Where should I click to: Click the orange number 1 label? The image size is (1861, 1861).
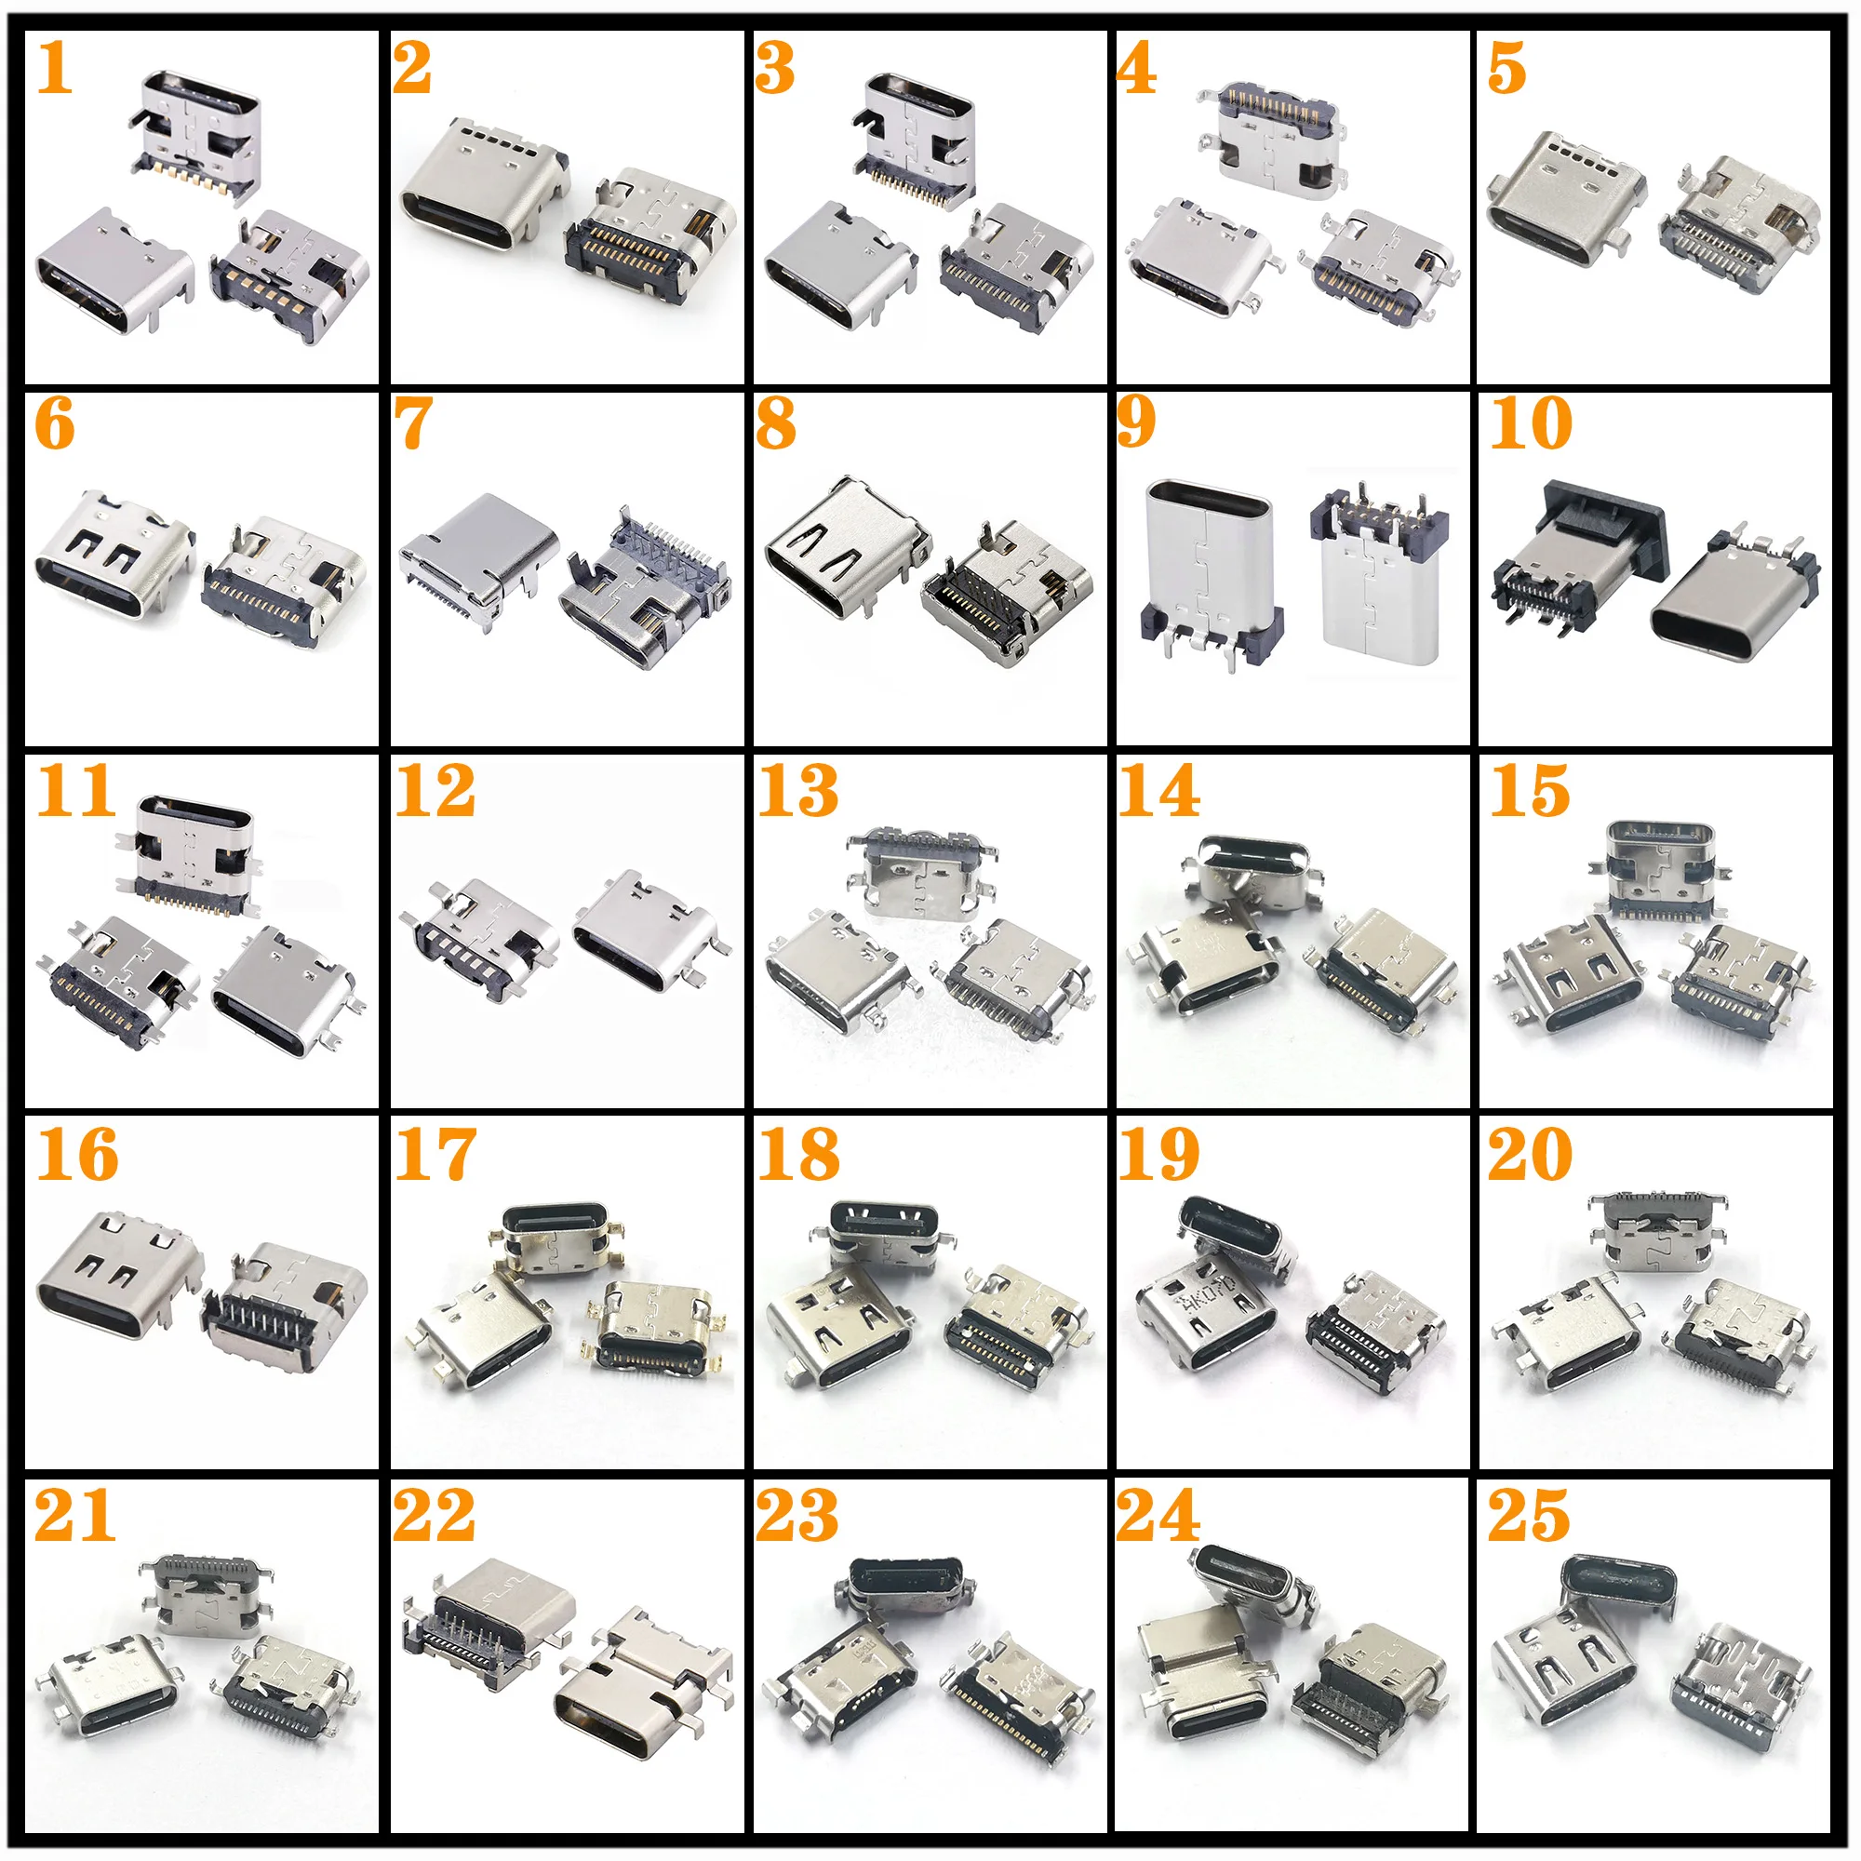[55, 70]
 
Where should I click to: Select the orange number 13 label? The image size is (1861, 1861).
[797, 791]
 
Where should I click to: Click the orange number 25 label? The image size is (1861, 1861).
[1529, 1516]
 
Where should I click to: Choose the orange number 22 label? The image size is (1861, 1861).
[435, 1516]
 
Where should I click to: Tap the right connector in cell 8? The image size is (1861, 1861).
[1007, 593]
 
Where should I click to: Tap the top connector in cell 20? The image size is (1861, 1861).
[1657, 1231]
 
